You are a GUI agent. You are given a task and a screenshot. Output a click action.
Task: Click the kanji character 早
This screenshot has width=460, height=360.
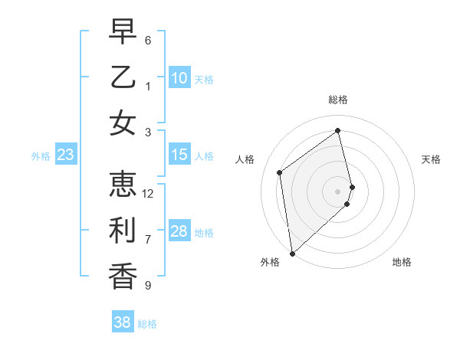pos(123,33)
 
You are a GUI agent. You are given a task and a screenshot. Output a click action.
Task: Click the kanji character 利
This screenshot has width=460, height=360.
pos(123,230)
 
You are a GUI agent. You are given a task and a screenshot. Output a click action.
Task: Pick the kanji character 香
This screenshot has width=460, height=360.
pos(123,275)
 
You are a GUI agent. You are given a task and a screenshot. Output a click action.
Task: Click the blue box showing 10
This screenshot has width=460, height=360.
pos(179,78)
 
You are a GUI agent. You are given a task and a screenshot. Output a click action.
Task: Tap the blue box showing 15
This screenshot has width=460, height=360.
pos(179,155)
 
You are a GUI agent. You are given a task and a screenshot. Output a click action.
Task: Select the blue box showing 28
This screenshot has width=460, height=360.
pos(179,231)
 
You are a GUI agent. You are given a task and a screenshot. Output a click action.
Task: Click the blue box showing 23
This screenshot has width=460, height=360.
pos(65,155)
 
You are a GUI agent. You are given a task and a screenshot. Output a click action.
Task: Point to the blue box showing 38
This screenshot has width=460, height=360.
pos(122,322)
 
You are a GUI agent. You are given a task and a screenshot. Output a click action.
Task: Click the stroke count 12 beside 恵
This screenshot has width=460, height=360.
pos(149,194)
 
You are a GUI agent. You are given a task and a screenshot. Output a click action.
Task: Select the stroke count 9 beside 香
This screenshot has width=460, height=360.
pos(148,286)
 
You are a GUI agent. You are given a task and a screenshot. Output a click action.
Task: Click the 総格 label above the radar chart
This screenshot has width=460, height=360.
pos(338,100)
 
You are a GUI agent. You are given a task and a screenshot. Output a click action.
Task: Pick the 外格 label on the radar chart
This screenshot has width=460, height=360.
pos(270,262)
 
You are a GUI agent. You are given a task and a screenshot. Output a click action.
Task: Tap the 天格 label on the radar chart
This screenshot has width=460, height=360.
pos(432,159)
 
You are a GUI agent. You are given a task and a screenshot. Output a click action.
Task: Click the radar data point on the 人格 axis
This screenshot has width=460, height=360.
pos(280,172)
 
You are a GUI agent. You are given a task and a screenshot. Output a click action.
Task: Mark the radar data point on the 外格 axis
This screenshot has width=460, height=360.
pos(292,253)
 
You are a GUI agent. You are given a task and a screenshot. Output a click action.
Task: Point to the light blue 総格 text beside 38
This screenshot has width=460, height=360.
pos(147,324)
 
